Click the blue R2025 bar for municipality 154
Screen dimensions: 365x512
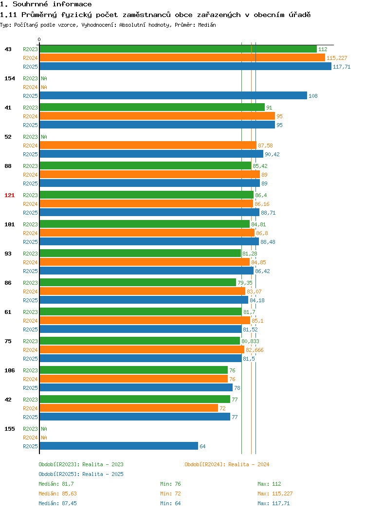tap(173, 96)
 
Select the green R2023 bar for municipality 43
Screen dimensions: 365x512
tap(178, 49)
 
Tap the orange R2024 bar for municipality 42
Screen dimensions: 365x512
tap(129, 408)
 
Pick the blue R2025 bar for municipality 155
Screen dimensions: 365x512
tap(119, 446)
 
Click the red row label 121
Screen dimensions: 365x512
tap(9, 195)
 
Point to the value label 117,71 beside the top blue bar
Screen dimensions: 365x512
tap(342, 67)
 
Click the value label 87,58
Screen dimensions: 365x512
tap(265, 146)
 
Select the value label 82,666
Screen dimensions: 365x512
tap(255, 350)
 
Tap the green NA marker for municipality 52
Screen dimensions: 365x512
tap(44, 137)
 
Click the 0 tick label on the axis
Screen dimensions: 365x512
tap(39, 40)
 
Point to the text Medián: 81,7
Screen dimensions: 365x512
tap(56, 484)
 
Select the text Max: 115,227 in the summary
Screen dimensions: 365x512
tap(275, 494)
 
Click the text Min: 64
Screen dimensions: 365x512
tap(170, 504)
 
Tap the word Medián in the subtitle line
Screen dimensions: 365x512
tap(207, 25)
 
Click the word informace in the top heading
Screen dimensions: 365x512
tap(72, 4)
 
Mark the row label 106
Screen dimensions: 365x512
tap(9, 370)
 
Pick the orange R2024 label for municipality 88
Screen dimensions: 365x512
tap(30, 175)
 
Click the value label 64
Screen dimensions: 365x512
tap(202, 446)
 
